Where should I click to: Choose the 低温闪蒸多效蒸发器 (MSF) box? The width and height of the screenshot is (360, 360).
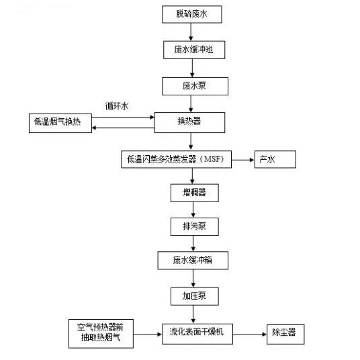tap(175, 159)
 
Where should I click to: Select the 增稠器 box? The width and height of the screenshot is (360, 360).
tap(190, 192)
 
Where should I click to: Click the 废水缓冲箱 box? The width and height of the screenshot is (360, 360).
tap(190, 260)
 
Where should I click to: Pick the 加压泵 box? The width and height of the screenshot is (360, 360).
tap(190, 294)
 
